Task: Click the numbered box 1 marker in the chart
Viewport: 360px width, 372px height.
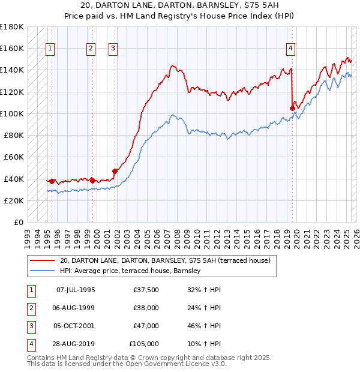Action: pos(50,49)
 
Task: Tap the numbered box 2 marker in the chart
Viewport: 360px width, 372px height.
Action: pos(91,49)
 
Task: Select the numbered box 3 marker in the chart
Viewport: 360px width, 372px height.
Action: pos(113,49)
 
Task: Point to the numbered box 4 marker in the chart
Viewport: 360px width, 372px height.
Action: pos(290,49)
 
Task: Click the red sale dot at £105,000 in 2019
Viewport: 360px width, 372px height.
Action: pos(292,108)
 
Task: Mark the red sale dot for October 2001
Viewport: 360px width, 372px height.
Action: pos(115,171)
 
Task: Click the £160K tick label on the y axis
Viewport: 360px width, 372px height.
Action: pos(12,48)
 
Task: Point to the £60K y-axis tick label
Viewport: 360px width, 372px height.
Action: pos(14,157)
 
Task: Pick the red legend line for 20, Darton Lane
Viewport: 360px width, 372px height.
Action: pos(42,261)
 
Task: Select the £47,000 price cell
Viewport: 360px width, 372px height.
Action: pos(146,326)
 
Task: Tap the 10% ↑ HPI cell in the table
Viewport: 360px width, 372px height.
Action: pos(204,344)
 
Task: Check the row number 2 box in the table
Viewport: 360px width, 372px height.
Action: pos(31,308)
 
